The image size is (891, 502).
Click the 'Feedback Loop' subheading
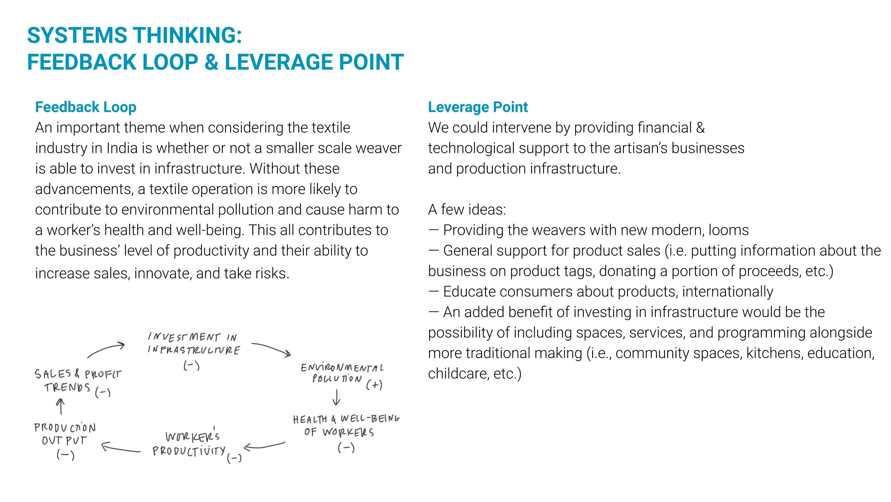86,107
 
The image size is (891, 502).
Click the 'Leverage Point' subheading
478,107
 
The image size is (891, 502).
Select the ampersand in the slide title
211,62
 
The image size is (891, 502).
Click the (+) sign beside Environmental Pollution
374,385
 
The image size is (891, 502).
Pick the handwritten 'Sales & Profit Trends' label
77,381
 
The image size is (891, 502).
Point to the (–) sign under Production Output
65,455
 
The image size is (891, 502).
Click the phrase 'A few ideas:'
467,209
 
